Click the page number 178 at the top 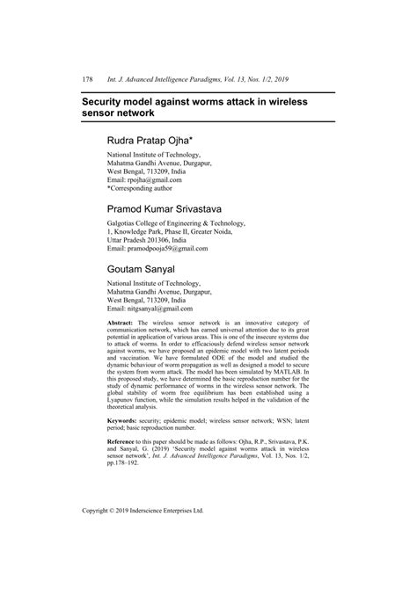point(87,79)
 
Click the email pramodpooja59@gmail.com point(171,248)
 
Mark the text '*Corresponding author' point(143,188)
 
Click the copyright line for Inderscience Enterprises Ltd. point(143,533)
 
